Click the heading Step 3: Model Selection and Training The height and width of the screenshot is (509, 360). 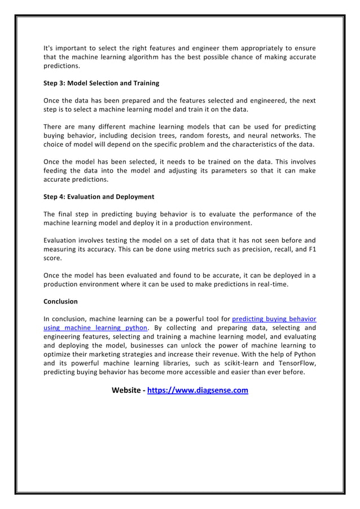point(101,83)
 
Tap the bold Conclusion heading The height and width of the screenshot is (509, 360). point(60,301)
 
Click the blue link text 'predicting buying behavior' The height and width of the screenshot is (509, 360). point(274,318)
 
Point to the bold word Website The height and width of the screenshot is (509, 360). point(127,390)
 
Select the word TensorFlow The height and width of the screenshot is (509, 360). point(294,363)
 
